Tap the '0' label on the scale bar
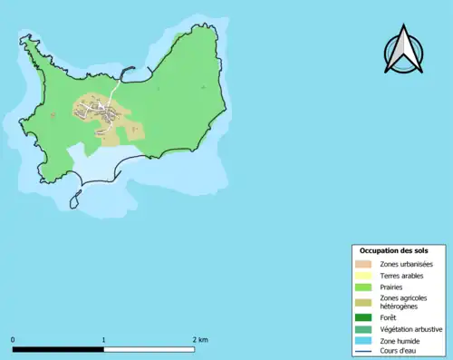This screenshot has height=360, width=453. (x=13, y=339)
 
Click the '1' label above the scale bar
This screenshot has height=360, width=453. (x=104, y=339)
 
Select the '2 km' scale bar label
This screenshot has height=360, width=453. (x=201, y=339)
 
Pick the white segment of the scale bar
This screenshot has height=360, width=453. (x=149, y=349)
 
